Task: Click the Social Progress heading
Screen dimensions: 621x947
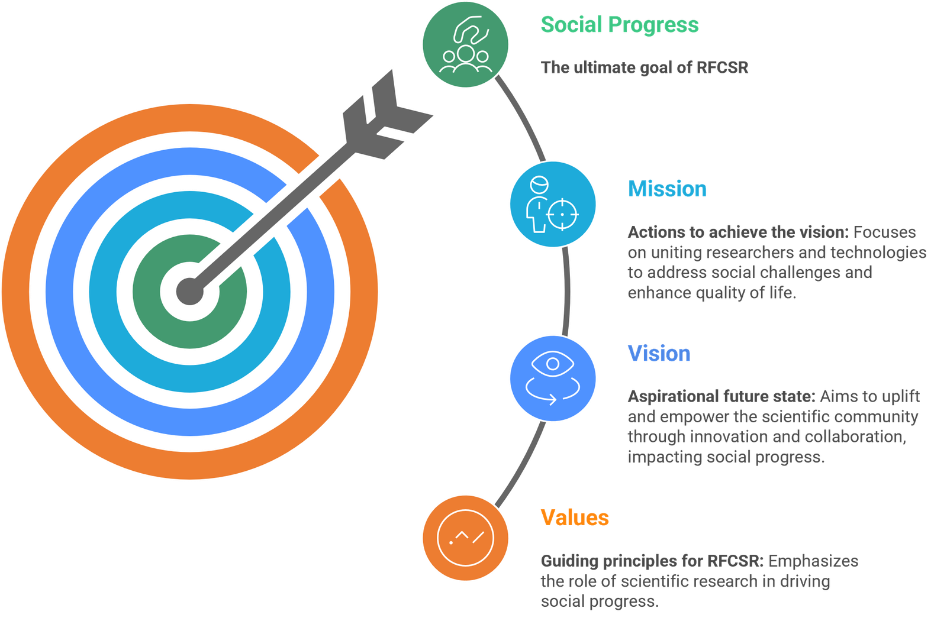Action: click(619, 25)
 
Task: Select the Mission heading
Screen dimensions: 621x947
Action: click(667, 189)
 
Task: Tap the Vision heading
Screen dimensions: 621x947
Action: click(659, 353)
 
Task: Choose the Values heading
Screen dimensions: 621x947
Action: click(575, 517)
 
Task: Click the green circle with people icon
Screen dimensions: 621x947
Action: click(465, 45)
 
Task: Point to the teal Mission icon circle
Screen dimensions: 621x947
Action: click(553, 204)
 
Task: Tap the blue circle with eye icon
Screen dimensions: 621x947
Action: click(553, 378)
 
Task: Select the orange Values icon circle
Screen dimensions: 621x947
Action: click(465, 538)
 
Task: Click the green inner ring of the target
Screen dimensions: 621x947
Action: click(148, 313)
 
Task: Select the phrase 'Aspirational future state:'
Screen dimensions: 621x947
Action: click(721, 396)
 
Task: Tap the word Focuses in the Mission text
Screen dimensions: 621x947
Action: click(884, 232)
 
